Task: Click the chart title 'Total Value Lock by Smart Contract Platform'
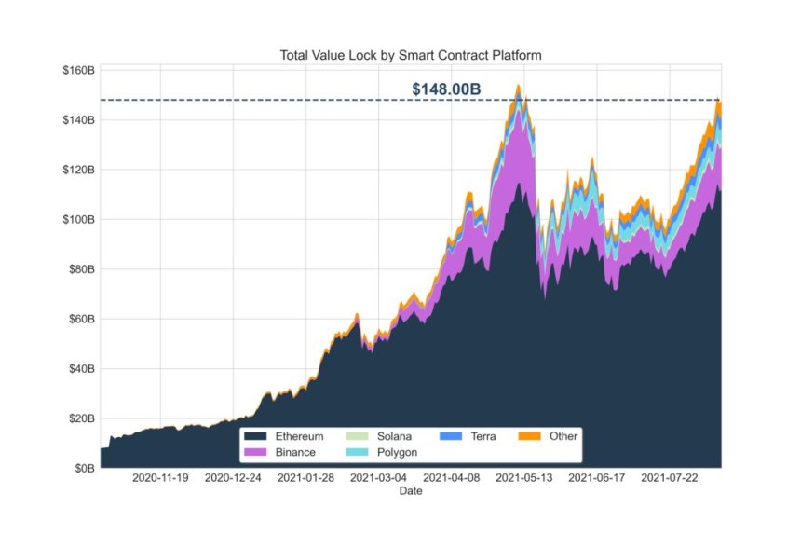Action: click(411, 55)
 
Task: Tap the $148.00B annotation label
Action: click(446, 89)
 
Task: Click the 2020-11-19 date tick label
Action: click(160, 478)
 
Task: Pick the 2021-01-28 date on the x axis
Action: click(306, 478)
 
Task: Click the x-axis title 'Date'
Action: click(410, 490)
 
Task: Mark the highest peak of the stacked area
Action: click(518, 87)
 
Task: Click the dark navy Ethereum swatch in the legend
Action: click(254, 436)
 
